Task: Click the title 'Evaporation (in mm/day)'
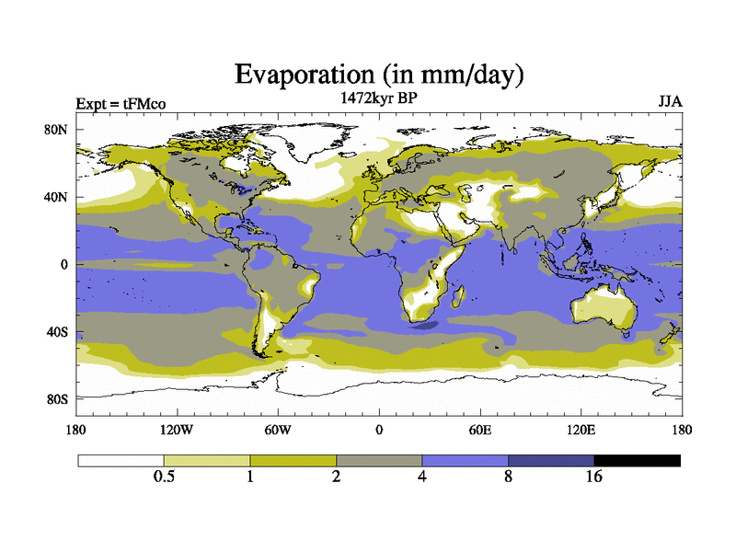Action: pyautogui.click(x=378, y=74)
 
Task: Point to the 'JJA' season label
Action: pyautogui.click(x=670, y=101)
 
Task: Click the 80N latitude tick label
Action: pyautogui.click(x=57, y=130)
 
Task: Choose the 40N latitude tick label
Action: pyautogui.click(x=57, y=197)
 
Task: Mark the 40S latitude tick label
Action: pyautogui.click(x=57, y=332)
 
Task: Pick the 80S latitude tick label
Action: pyautogui.click(x=57, y=399)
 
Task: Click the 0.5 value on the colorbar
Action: pyautogui.click(x=164, y=477)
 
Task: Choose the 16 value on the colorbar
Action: pyautogui.click(x=594, y=477)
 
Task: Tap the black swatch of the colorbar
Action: pyautogui.click(x=637, y=460)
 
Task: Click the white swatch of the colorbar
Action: pyautogui.click(x=121, y=460)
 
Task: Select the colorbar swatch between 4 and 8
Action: pyautogui.click(x=465, y=460)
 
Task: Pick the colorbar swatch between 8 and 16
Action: pyautogui.click(x=551, y=460)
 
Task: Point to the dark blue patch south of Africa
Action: pyautogui.click(x=425, y=324)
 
